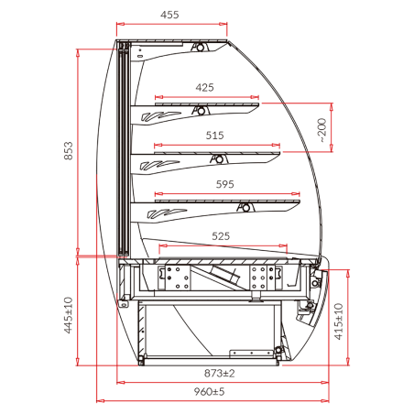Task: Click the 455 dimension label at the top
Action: point(169,15)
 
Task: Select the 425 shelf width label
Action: point(204,88)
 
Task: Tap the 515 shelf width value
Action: point(214,136)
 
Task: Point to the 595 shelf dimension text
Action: point(224,184)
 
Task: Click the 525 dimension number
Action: point(221,236)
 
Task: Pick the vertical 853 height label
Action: point(69,150)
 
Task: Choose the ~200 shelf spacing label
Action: point(322,130)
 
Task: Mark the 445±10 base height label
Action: point(69,315)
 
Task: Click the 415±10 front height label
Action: point(339,321)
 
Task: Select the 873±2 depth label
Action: point(219,373)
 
